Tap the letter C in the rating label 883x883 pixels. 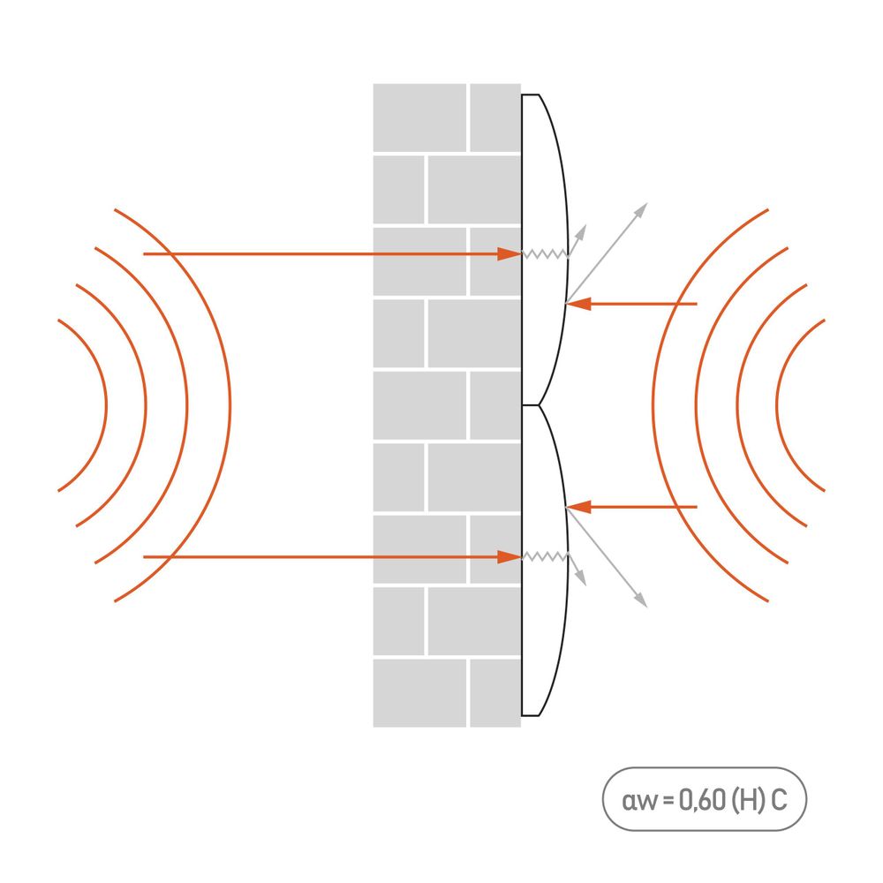pyautogui.click(x=779, y=800)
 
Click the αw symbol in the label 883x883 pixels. pyautogui.click(x=639, y=802)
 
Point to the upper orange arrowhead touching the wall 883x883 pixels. pyautogui.click(x=509, y=254)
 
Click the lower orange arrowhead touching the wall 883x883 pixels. pyautogui.click(x=509, y=557)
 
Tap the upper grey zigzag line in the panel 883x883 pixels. pyautogui.click(x=545, y=254)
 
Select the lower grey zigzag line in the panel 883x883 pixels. pyautogui.click(x=545, y=557)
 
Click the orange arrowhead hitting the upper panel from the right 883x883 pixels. pyautogui.click(x=577, y=304)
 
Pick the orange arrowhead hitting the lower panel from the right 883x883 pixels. pyautogui.click(x=577, y=507)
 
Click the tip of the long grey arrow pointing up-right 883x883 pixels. pyautogui.click(x=647, y=203)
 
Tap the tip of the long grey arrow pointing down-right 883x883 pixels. pyautogui.click(x=647, y=608)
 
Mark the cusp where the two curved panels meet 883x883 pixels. pyautogui.click(x=539, y=405)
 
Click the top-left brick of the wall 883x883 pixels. pyautogui.click(x=419, y=117)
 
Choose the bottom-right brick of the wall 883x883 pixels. pyautogui.click(x=495, y=693)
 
